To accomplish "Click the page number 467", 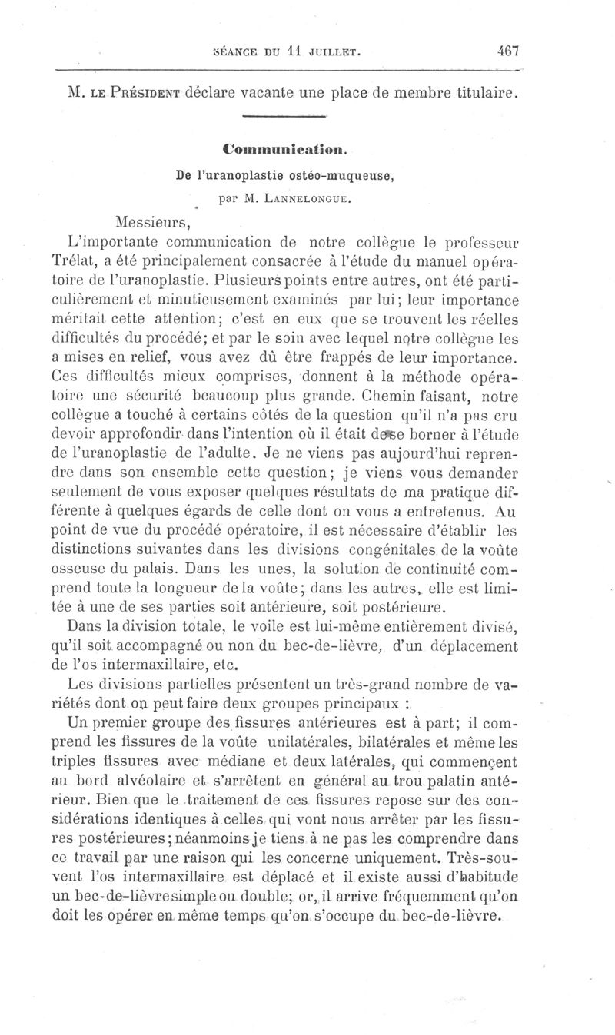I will [509, 52].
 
